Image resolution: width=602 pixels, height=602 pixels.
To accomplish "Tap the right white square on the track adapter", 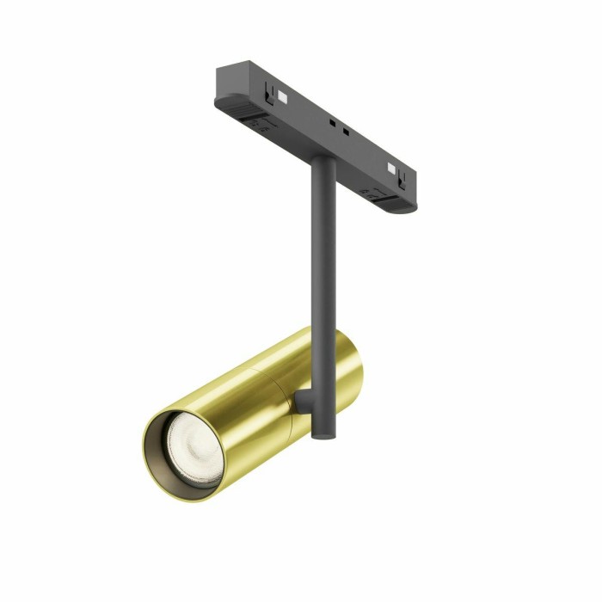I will tap(393, 168).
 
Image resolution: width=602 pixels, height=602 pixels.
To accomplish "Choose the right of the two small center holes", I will tap(345, 132).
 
